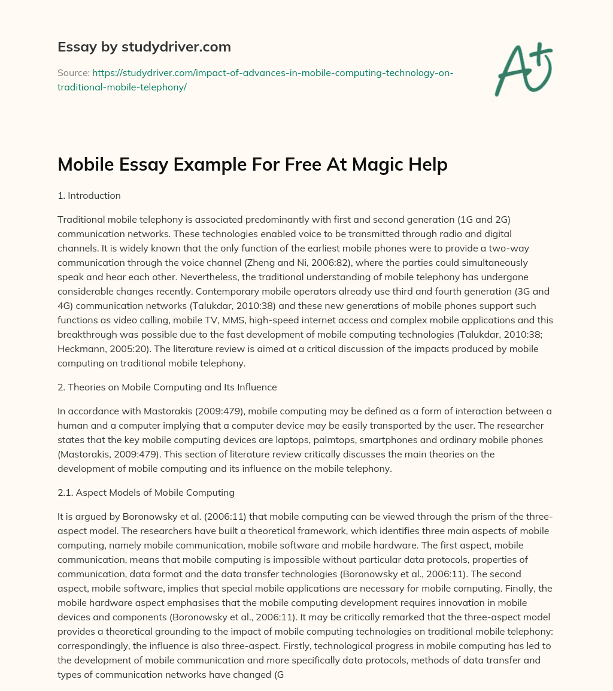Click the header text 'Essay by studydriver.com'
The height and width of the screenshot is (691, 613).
pyautogui.click(x=144, y=47)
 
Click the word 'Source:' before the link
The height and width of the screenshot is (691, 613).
pyautogui.click(x=74, y=72)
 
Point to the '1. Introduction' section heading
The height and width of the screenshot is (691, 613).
pyautogui.click(x=89, y=195)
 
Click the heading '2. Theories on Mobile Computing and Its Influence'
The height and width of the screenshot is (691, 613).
pyautogui.click(x=167, y=387)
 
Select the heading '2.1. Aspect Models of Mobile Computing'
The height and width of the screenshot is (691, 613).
pyautogui.click(x=146, y=493)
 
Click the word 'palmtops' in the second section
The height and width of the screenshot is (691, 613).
pyautogui.click(x=311, y=440)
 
